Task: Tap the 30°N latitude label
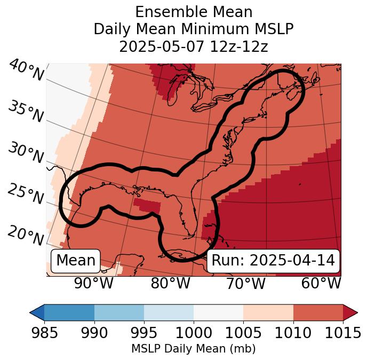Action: tap(25, 153)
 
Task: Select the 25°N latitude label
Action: tap(25, 194)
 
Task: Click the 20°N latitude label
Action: tap(25, 236)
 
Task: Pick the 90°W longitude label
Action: tap(94, 284)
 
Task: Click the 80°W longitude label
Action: tap(170, 284)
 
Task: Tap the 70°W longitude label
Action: tap(245, 284)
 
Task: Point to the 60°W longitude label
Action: tap(321, 284)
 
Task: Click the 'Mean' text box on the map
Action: tap(76, 261)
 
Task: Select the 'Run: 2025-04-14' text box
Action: tap(273, 261)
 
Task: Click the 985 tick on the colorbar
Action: tap(44, 333)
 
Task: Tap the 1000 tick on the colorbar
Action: tap(194, 333)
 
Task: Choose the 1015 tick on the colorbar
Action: tap(342, 333)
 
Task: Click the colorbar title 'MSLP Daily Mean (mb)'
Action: tap(193, 349)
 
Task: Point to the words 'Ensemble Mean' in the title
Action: tap(193, 12)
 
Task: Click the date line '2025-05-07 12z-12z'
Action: tap(193, 46)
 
